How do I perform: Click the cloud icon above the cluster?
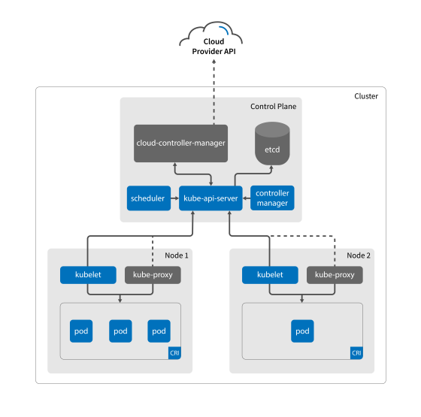pyautogui.click(x=211, y=35)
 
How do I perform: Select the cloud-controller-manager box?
pyautogui.click(x=180, y=143)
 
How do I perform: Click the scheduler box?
pyautogui.click(x=147, y=198)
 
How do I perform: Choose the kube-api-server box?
pyautogui.click(x=211, y=198)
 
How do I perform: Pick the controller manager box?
pyautogui.click(x=272, y=198)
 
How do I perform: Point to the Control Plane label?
pyautogui.click(x=273, y=107)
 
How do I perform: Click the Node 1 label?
pyautogui.click(x=177, y=255)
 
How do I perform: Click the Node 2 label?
pyautogui.click(x=359, y=255)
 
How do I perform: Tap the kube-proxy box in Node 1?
pyautogui.click(x=153, y=275)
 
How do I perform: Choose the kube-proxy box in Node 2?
pyautogui.click(x=335, y=275)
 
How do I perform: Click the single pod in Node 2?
pyautogui.click(x=302, y=331)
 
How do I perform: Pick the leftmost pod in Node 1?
pyautogui.click(x=81, y=331)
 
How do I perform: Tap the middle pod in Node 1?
pyautogui.click(x=120, y=331)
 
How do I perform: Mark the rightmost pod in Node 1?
pyautogui.click(x=159, y=331)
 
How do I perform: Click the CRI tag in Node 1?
pyautogui.click(x=174, y=352)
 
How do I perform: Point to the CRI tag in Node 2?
pyautogui.click(x=356, y=352)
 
